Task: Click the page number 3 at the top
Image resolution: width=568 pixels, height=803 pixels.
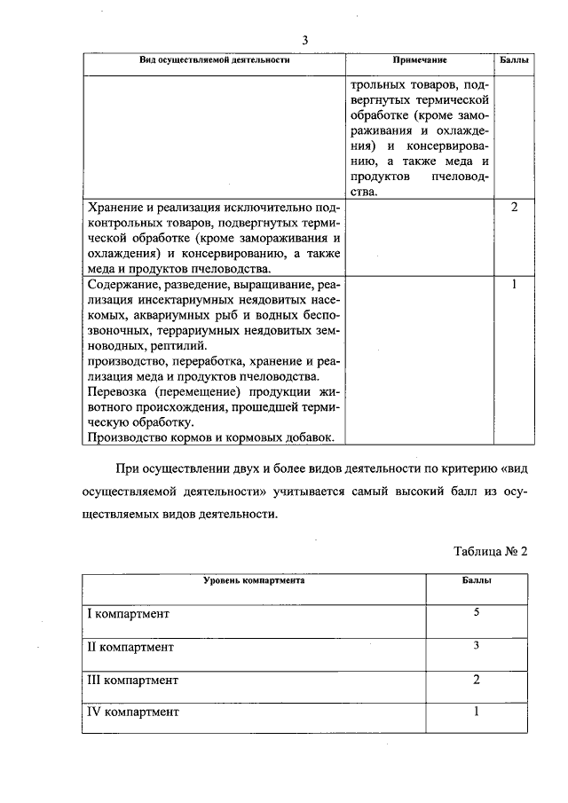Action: coord(305,40)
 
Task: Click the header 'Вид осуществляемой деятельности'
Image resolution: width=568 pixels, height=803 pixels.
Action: coord(216,60)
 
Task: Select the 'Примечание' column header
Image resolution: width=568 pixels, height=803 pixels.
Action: coord(420,60)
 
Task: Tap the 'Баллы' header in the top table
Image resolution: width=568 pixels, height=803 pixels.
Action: coord(516,60)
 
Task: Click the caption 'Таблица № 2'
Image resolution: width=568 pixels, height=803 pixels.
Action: coord(491,550)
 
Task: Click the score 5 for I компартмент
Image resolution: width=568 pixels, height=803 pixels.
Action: coord(477,612)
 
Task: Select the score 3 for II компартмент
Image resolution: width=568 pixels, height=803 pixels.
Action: coord(477,645)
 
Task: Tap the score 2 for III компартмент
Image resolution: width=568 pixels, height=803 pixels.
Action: coord(477,679)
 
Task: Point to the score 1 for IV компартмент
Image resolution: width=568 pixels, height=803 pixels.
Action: coord(477,711)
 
